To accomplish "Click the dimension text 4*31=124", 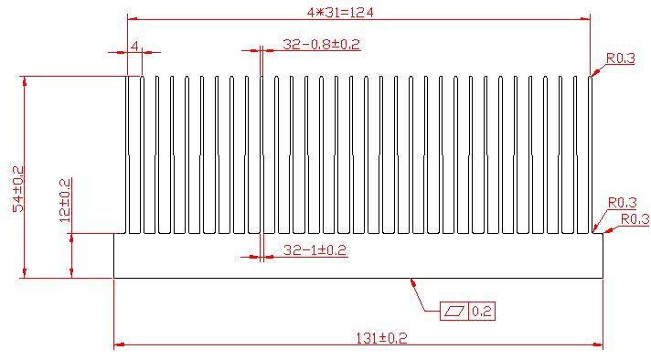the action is [x=339, y=13].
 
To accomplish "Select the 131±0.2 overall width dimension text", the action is [x=381, y=338].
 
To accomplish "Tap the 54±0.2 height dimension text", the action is [x=18, y=189].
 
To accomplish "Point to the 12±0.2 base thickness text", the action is [x=65, y=200].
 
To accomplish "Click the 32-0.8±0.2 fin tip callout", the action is [x=321, y=44].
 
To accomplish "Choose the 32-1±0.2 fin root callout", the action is [x=315, y=250].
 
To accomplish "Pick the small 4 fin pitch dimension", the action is [x=134, y=46].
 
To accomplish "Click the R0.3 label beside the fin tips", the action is [x=621, y=58].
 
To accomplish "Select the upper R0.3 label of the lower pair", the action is [x=623, y=203].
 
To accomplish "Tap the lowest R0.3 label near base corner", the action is [x=635, y=218].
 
